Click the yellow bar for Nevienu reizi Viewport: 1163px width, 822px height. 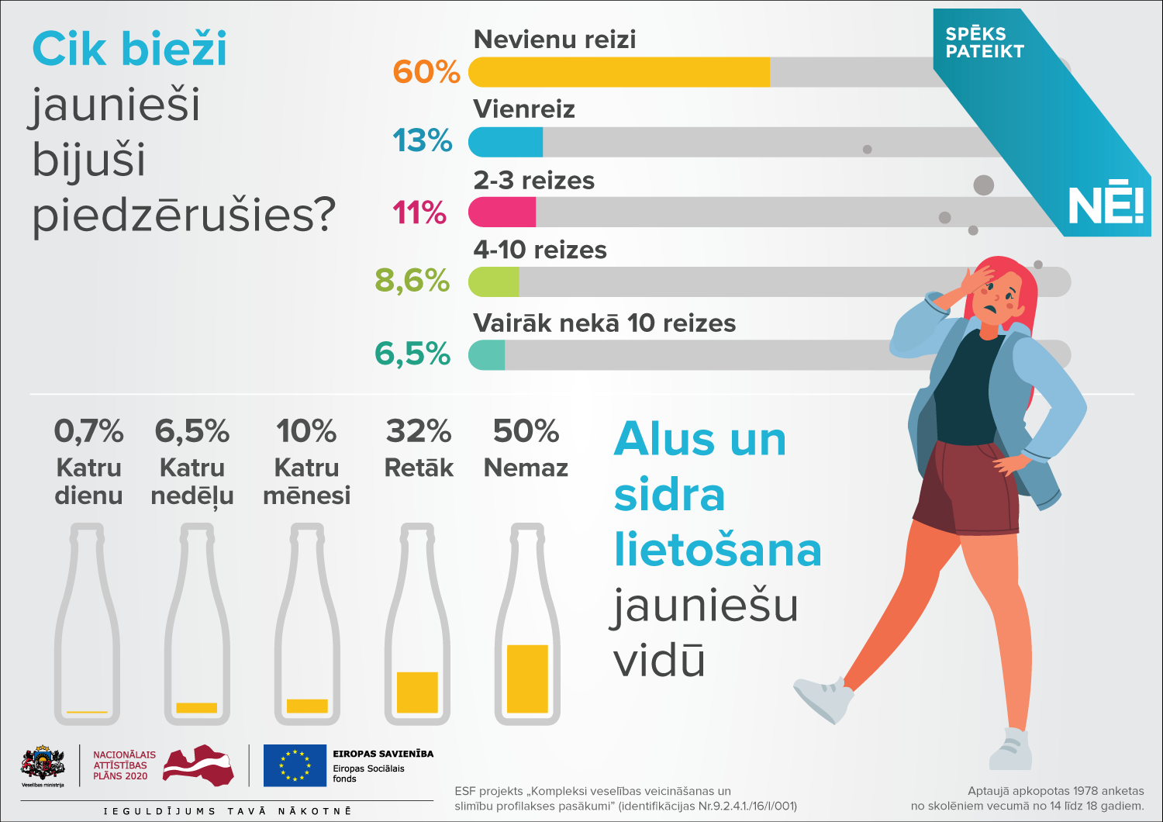click(x=619, y=72)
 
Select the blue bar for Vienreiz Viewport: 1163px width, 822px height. click(x=506, y=142)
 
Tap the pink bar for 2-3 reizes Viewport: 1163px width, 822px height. click(x=502, y=212)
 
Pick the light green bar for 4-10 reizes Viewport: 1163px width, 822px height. click(x=494, y=282)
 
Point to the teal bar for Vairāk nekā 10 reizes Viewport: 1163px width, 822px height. click(x=487, y=355)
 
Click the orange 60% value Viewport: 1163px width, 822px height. click(x=426, y=72)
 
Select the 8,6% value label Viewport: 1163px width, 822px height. click(x=412, y=281)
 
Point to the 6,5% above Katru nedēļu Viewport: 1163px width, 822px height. click(x=192, y=431)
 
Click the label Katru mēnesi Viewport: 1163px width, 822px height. click(x=306, y=482)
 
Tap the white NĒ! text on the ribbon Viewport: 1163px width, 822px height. click(x=1106, y=206)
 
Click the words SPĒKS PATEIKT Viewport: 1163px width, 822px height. click(x=984, y=43)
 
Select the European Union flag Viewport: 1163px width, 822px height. click(x=295, y=765)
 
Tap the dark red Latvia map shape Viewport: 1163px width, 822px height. click(x=199, y=765)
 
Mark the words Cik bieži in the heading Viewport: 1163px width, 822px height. click(x=129, y=49)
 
